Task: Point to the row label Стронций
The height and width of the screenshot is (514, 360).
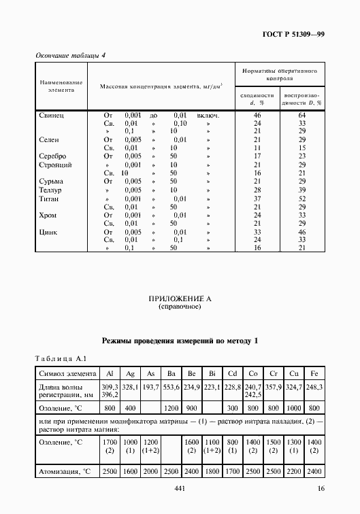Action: click(x=56, y=165)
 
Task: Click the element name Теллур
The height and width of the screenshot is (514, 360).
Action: click(x=53, y=190)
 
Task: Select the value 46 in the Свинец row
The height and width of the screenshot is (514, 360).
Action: click(x=257, y=116)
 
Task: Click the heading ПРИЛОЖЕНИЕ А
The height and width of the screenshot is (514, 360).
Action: click(x=180, y=298)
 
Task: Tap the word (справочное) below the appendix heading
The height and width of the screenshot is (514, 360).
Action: click(x=180, y=307)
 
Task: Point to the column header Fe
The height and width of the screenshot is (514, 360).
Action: click(x=315, y=373)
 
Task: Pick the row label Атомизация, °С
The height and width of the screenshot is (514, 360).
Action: click(x=68, y=470)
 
